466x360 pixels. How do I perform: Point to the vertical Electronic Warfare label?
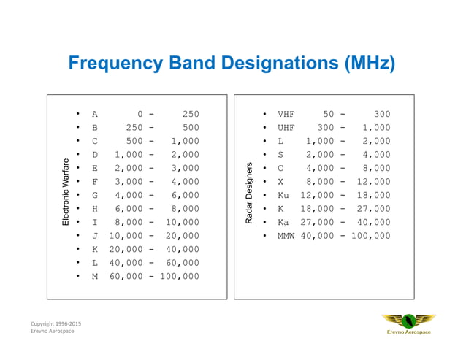[x=66, y=191]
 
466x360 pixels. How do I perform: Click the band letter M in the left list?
[x=95, y=277]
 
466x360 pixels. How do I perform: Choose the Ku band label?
[x=283, y=196]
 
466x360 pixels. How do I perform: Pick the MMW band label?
[x=286, y=236]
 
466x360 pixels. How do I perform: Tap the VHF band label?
[x=286, y=115]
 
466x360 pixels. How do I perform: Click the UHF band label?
[x=286, y=128]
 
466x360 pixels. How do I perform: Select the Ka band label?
[x=283, y=223]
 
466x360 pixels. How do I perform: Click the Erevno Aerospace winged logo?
[x=408, y=322]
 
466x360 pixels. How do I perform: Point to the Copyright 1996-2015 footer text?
[x=56, y=323]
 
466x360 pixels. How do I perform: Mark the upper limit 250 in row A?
[x=190, y=115]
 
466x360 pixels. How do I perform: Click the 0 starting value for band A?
[x=140, y=115]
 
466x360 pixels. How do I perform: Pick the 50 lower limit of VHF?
[x=328, y=115]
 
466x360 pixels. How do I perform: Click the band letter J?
[x=95, y=236]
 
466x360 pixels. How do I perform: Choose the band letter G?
[x=95, y=196]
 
